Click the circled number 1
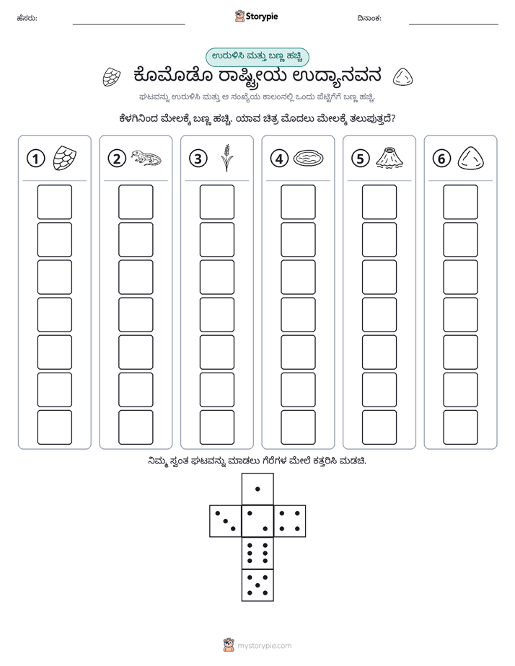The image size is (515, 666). [35, 159]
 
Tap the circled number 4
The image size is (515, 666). [279, 159]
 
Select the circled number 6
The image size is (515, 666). [441, 159]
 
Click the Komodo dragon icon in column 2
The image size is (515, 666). [146, 158]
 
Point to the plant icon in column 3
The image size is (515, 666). [227, 158]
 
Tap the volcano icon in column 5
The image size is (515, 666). [389, 158]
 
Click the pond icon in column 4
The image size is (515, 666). [309, 159]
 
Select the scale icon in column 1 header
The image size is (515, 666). [65, 158]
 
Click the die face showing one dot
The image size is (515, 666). [257, 489]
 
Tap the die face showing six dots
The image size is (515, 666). [257, 553]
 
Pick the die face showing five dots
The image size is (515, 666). [257, 585]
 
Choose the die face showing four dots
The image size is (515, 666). [290, 521]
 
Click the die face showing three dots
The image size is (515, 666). [226, 521]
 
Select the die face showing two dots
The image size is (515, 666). [257, 521]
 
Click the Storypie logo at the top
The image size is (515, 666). [256, 17]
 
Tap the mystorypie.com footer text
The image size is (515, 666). [264, 646]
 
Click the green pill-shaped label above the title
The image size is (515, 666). [257, 57]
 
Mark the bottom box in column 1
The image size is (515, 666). [54, 427]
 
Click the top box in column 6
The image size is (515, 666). [461, 202]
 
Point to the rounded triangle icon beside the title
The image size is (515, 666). [402, 77]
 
